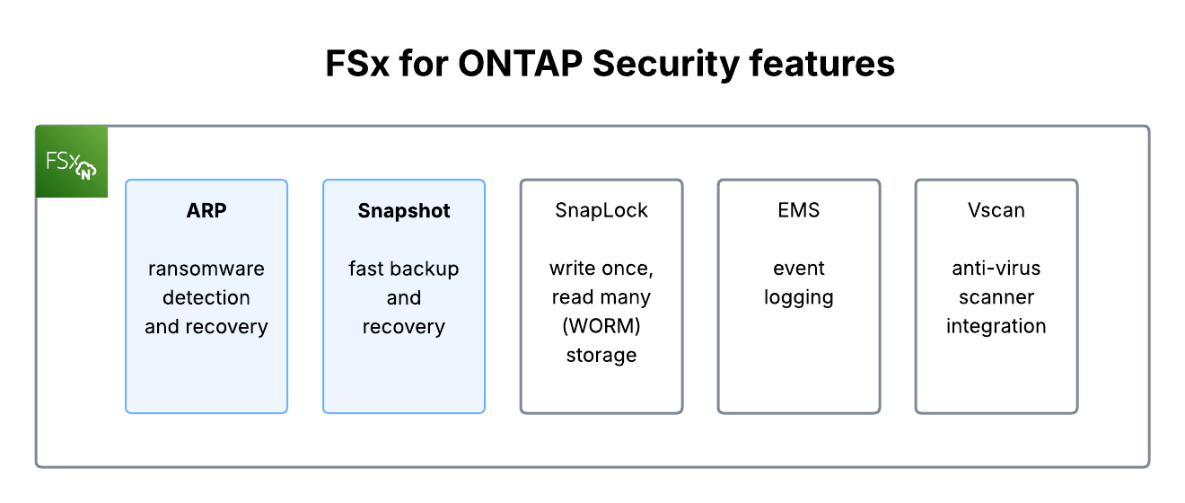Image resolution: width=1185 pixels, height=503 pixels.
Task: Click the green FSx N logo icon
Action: click(72, 162)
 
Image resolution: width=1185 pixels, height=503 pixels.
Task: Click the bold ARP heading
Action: click(206, 211)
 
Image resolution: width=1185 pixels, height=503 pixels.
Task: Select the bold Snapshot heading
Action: click(404, 211)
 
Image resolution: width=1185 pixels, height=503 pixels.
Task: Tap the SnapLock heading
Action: click(601, 211)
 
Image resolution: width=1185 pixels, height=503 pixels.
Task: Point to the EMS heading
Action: click(799, 211)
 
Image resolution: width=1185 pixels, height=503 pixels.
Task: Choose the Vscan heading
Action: click(996, 211)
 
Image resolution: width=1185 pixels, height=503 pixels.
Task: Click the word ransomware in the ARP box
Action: click(206, 269)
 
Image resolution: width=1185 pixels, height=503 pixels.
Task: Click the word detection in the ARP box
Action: click(206, 297)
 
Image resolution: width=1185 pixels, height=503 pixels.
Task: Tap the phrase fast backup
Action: click(404, 269)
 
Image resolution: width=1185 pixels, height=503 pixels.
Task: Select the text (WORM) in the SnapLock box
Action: click(601, 326)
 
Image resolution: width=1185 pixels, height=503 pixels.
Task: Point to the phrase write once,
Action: click(601, 269)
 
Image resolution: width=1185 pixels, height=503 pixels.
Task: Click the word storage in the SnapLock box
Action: click(601, 355)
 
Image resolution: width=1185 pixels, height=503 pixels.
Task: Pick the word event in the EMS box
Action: click(799, 269)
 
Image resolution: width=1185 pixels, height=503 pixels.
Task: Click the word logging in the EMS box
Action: click(799, 297)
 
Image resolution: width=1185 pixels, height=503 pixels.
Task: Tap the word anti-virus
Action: click(996, 269)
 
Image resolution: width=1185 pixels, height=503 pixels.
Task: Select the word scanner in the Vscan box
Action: click(996, 297)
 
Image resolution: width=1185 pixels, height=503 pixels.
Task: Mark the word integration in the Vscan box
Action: click(996, 326)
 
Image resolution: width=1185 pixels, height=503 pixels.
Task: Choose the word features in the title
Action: click(822, 65)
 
